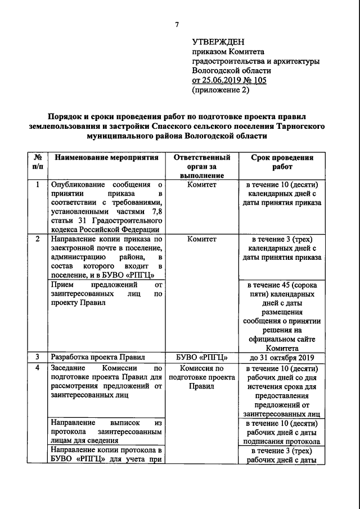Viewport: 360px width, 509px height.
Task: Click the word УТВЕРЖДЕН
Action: [218, 41]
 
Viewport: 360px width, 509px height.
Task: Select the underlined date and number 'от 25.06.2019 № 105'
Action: [229, 80]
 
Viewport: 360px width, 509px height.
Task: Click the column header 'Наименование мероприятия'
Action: [106, 158]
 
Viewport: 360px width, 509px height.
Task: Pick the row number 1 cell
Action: [37, 185]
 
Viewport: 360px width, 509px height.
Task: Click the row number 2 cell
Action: [37, 239]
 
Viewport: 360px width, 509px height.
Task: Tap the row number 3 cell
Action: [37, 356]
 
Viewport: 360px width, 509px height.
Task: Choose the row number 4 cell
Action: [37, 368]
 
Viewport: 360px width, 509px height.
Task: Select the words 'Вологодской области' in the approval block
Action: [231, 70]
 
